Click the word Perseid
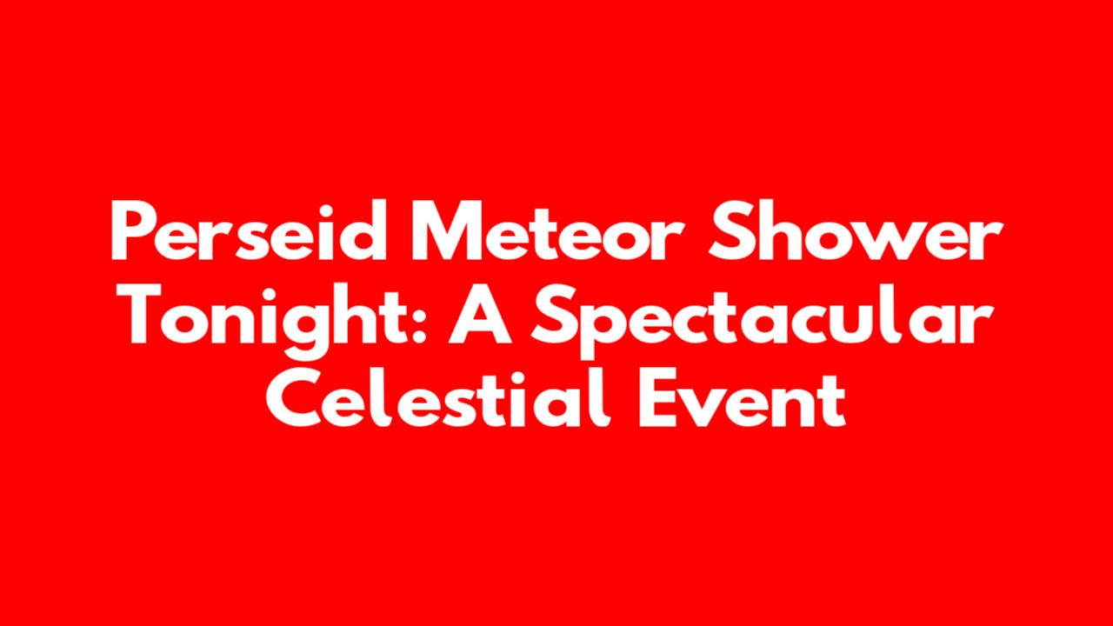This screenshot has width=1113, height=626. click(x=249, y=230)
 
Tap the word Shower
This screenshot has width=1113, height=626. click(x=856, y=231)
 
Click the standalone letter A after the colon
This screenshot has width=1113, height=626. click(x=480, y=314)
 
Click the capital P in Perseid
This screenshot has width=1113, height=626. click(x=130, y=230)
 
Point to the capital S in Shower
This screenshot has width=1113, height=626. click(x=730, y=230)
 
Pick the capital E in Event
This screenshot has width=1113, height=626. click(x=657, y=398)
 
